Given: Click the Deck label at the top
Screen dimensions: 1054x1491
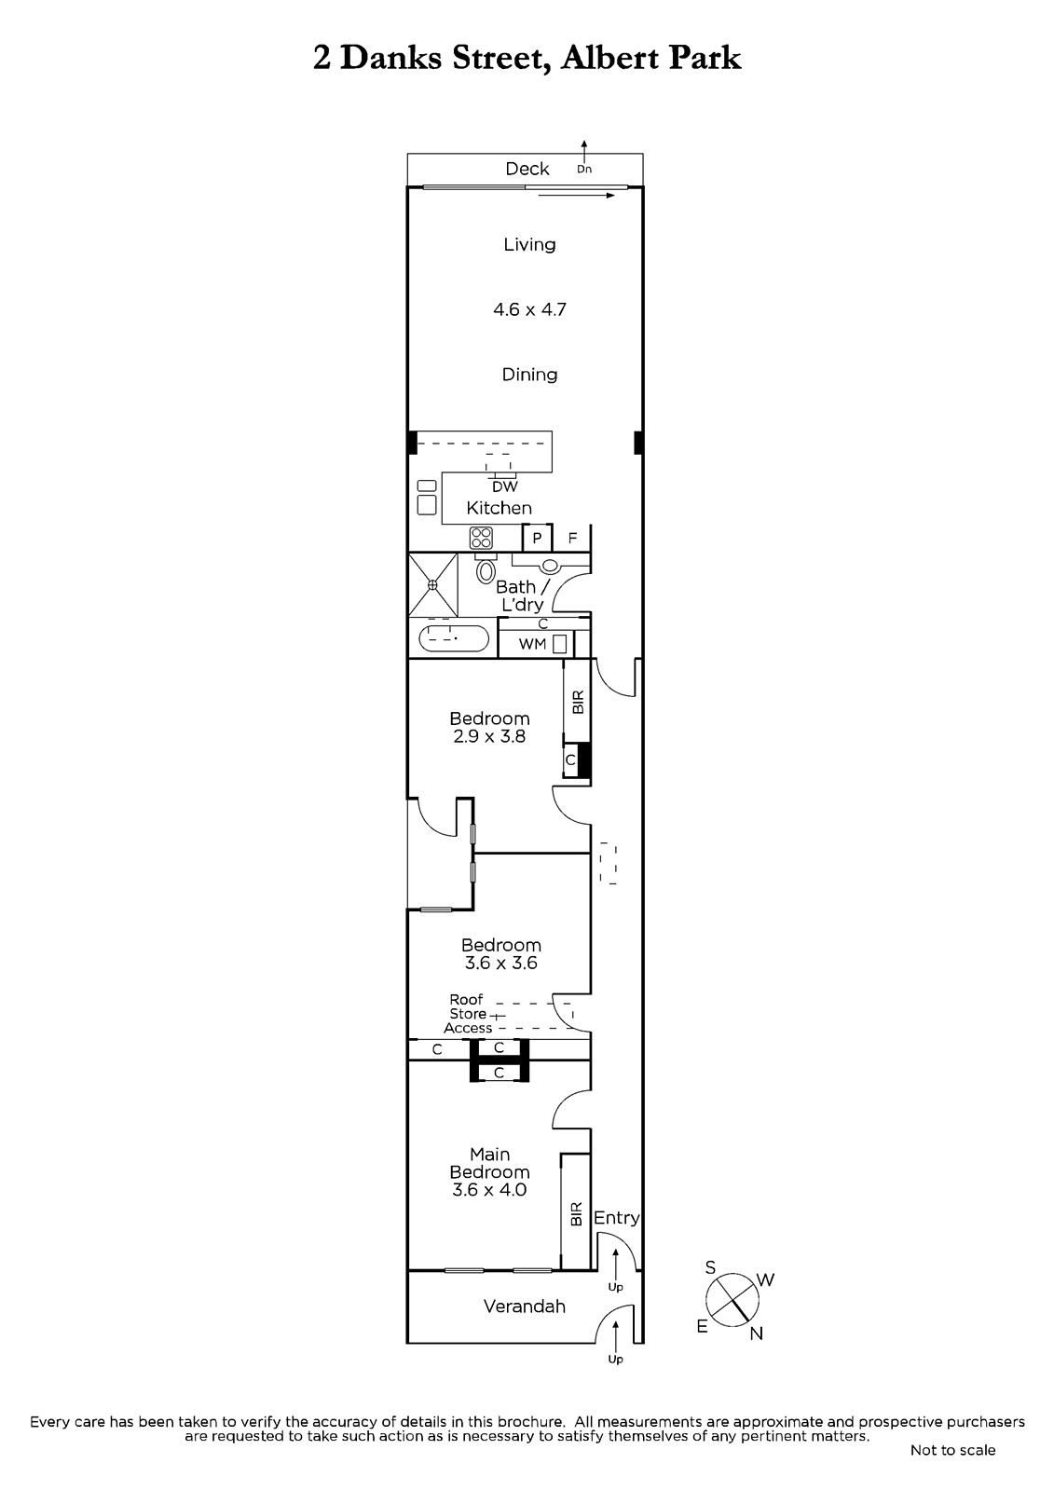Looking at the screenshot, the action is tap(527, 169).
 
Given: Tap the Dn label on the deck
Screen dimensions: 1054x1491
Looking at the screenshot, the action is tap(584, 169).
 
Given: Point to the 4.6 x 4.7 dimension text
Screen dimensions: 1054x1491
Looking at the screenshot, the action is tap(529, 309).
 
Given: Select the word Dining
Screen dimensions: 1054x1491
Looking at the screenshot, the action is tap(529, 374).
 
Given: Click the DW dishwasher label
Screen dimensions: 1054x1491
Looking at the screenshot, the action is tap(505, 486).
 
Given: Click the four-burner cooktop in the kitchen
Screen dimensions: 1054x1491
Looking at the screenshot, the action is tap(481, 537).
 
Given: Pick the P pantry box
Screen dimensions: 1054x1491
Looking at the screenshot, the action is tap(538, 538).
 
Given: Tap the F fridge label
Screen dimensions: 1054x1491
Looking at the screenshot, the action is tap(572, 538).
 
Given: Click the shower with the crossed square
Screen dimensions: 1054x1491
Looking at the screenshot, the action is tap(432, 584).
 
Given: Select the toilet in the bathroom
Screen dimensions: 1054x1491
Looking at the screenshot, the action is tap(486, 568).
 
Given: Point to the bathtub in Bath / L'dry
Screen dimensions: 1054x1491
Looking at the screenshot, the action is tap(453, 638).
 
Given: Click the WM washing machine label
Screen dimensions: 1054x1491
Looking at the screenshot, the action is tap(532, 644).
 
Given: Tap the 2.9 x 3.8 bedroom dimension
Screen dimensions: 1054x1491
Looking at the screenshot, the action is tap(489, 736).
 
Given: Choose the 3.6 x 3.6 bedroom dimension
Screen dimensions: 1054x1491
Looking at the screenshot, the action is tap(500, 963).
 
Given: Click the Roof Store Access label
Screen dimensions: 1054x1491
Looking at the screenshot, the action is tap(468, 1013).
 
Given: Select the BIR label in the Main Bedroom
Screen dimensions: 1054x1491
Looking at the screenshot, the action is tap(577, 1213).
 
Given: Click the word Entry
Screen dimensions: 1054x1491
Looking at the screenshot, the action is tap(617, 1217).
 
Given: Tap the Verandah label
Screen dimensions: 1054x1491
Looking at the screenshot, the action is tap(525, 1306).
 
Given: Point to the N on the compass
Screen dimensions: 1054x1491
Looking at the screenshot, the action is tap(757, 1334).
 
